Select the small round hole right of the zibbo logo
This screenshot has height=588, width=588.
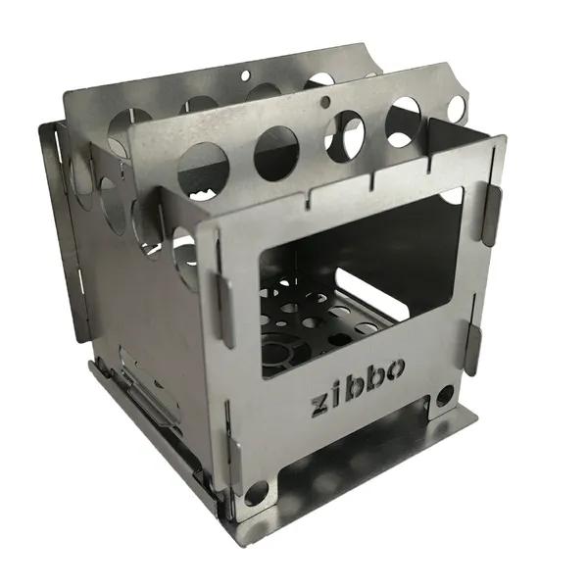445,396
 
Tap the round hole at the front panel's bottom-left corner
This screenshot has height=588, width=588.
257,492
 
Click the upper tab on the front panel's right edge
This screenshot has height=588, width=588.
492,215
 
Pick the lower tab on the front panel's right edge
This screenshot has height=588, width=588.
472,350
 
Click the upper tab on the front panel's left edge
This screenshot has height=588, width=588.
225,309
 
